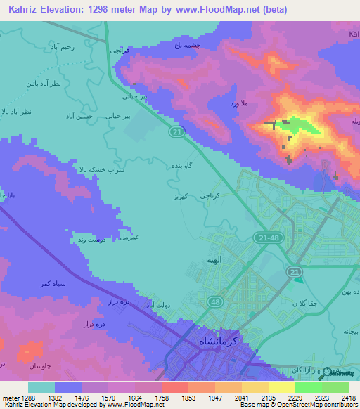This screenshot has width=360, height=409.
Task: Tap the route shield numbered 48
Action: (x=213, y=301)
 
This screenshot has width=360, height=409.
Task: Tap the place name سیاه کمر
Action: (x=35, y=283)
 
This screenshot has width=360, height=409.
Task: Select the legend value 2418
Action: (x=347, y=398)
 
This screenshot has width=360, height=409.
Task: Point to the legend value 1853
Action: (x=187, y=398)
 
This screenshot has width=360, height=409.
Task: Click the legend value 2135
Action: (x=267, y=398)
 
